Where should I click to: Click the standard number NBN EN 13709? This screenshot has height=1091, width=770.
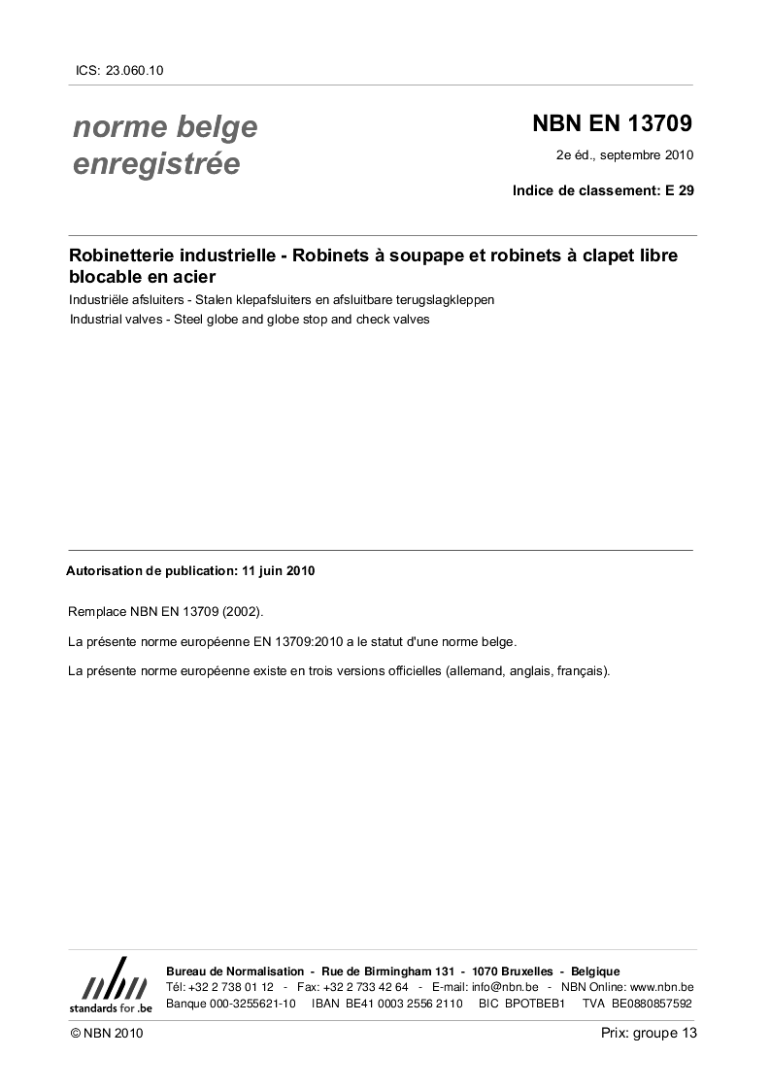point(613,125)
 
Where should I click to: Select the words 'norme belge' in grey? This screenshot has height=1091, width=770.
point(165,127)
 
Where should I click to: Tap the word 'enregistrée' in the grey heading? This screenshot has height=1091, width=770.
point(156,164)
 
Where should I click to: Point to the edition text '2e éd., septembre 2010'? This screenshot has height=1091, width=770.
point(624,155)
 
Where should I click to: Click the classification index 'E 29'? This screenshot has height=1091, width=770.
point(679,191)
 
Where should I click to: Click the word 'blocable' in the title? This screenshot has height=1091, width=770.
point(105,277)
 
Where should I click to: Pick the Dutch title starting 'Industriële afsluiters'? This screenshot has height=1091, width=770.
point(282,299)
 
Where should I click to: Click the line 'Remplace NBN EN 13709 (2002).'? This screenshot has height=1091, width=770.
point(165,613)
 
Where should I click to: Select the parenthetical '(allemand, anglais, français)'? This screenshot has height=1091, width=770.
point(527,671)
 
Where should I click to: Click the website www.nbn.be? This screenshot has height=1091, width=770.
point(661,987)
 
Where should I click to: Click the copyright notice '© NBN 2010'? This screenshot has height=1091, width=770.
point(107,1034)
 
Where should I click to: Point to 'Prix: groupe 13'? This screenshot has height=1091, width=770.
point(649,1034)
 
